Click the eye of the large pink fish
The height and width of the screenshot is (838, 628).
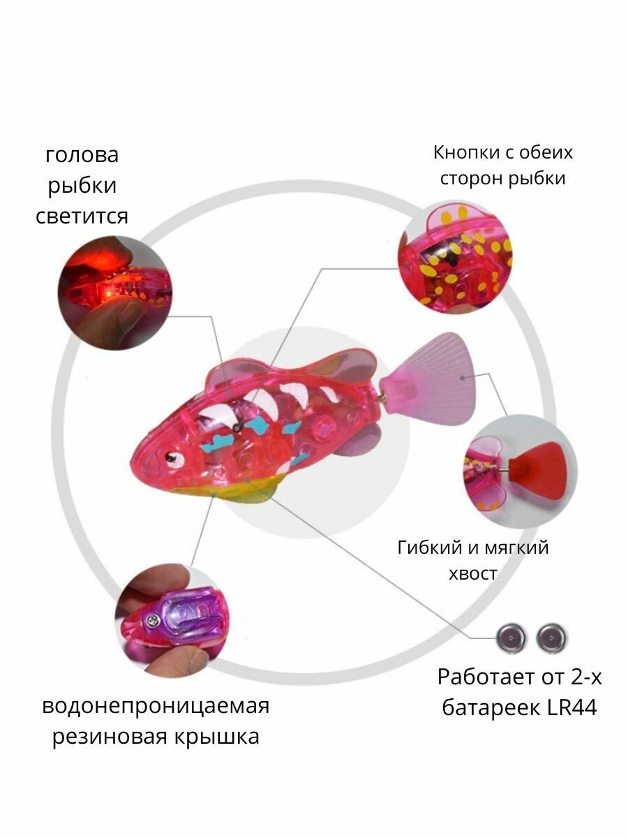point(171,459)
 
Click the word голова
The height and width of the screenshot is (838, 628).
point(82,154)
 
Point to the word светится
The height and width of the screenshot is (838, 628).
point(82,216)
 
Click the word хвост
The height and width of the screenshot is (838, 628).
point(473,574)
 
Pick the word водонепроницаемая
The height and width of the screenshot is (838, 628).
point(156,705)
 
